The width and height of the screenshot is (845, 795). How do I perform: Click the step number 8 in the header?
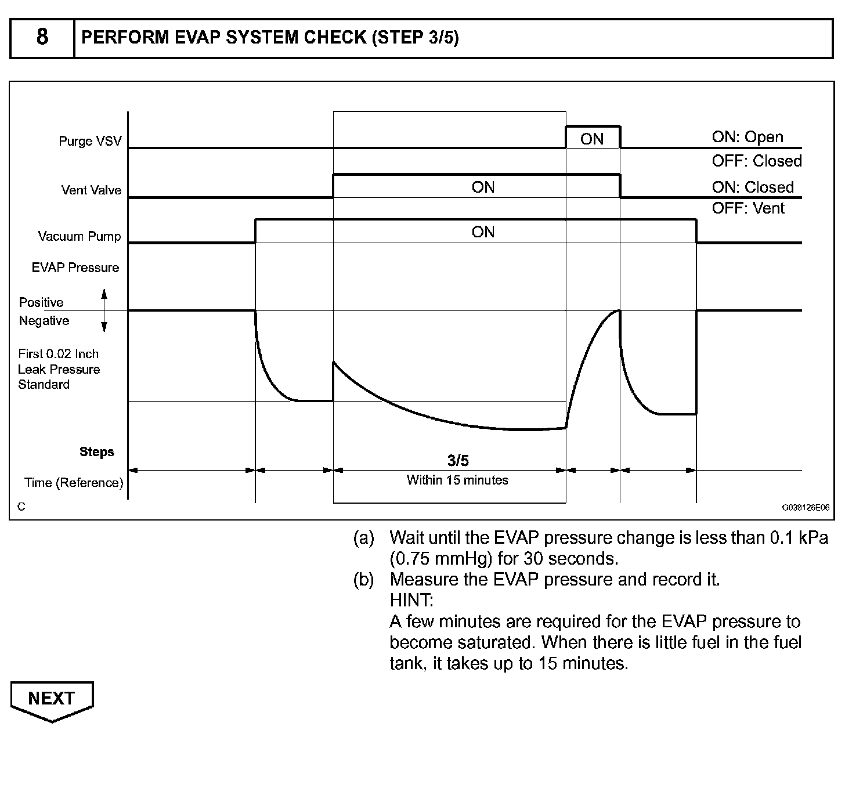tap(42, 38)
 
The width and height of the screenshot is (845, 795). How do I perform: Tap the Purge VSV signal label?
tap(90, 141)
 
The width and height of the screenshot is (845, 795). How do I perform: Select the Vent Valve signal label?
tap(91, 190)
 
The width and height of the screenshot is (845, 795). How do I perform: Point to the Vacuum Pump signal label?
tap(80, 236)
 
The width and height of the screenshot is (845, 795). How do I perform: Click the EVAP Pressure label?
tap(75, 268)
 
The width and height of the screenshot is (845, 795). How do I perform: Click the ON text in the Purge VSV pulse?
tap(592, 139)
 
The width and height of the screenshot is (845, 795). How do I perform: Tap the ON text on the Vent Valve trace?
tap(483, 187)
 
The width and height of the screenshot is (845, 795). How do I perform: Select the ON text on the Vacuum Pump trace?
tap(483, 232)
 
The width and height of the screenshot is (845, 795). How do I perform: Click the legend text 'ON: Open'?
tap(748, 138)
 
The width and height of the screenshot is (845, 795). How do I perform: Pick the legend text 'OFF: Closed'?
tap(757, 161)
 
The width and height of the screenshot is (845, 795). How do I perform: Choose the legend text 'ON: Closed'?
tap(753, 187)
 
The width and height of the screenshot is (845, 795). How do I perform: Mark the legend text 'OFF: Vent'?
tap(748, 208)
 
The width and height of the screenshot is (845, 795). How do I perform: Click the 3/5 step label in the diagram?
tap(458, 461)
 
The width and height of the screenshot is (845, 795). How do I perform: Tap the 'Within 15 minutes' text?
tap(457, 480)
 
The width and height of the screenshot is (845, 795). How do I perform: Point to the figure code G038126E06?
tap(806, 507)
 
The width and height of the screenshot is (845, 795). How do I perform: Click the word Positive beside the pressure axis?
tap(41, 302)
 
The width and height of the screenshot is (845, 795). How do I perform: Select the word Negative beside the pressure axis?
tap(44, 321)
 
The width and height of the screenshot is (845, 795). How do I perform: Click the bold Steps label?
tap(97, 452)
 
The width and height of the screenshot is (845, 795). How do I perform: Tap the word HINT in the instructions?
tap(411, 600)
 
